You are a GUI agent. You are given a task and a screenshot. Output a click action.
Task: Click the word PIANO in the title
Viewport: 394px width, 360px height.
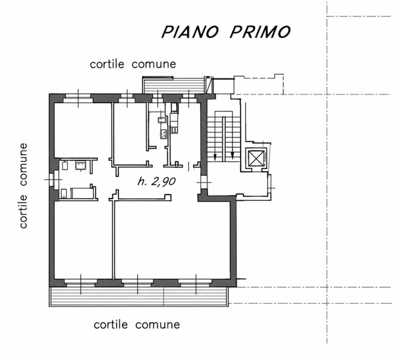pyautogui.click(x=190, y=32)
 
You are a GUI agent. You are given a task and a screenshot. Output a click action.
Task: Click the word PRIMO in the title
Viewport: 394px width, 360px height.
pyautogui.click(x=260, y=32)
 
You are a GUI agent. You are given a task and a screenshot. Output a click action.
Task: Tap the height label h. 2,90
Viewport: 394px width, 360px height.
pyautogui.click(x=156, y=181)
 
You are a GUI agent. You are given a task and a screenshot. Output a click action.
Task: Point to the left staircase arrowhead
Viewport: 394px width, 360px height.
pyautogui.click(x=215, y=158)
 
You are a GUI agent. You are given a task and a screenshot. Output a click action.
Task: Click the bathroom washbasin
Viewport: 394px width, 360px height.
pyautogui.click(x=81, y=166)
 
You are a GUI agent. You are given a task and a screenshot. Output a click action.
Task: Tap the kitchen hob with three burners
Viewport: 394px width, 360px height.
pyautogui.click(x=163, y=134)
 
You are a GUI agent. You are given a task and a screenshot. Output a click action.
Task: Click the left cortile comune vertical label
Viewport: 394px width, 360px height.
pyautogui.click(x=24, y=186)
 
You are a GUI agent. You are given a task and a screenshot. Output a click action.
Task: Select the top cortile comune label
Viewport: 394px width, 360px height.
pyautogui.click(x=133, y=64)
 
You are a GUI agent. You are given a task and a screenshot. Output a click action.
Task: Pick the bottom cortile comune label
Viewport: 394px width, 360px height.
pyautogui.click(x=137, y=325)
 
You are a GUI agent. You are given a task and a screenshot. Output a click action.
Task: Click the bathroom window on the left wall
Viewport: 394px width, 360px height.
pyautogui.click(x=52, y=179)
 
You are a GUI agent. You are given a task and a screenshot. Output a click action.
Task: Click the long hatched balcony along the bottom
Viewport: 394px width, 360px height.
pyautogui.click(x=139, y=297)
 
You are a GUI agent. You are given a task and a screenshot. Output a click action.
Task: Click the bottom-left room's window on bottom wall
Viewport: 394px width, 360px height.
pyautogui.click(x=81, y=283)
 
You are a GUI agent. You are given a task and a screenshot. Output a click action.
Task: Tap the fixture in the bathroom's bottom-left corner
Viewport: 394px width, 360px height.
pyautogui.click(x=64, y=193)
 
